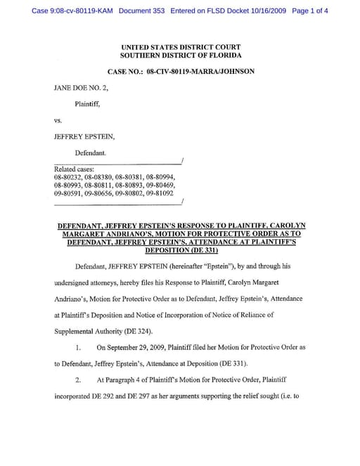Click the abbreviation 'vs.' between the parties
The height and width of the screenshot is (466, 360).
point(58,120)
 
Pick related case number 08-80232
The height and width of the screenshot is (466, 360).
point(67,177)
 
